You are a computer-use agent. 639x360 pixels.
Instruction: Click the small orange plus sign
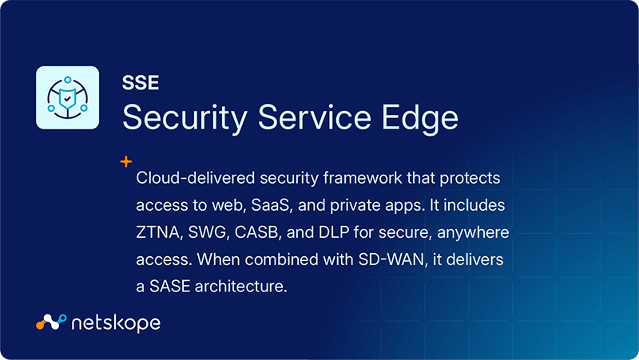point(125,161)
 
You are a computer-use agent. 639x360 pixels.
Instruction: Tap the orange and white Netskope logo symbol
point(50,322)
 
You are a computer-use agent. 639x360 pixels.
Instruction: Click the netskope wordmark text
point(116,322)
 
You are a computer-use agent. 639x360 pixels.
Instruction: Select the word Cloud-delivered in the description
point(191,177)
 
